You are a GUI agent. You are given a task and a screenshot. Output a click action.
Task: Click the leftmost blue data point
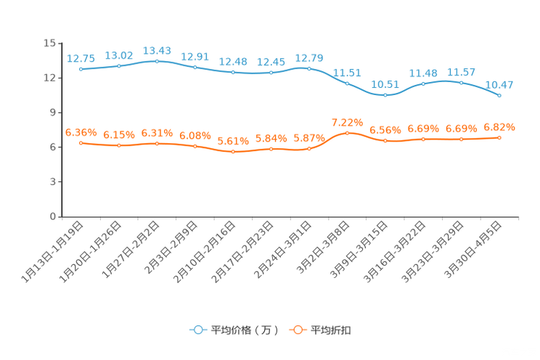pos(81,69)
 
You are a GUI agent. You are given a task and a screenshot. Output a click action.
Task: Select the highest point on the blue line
pos(157,61)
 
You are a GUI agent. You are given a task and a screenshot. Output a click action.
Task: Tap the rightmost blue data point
pos(499,96)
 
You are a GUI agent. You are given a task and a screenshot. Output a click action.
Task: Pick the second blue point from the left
pos(119,66)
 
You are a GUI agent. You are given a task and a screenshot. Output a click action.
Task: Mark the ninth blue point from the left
pos(385,95)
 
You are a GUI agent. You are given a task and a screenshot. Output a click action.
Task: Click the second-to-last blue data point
pos(462,82)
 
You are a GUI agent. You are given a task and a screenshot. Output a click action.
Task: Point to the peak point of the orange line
pos(347,133)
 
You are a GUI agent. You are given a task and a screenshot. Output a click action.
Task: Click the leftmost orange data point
pos(81,143)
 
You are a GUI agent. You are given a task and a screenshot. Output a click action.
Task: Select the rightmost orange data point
pos(499,137)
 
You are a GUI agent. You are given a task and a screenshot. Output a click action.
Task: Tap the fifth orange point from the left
pos(233,151)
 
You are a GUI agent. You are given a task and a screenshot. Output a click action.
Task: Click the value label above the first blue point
pos(81,58)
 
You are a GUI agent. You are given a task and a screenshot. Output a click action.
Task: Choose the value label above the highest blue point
pos(157,50)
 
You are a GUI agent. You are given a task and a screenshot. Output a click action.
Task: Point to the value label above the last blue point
pos(499,85)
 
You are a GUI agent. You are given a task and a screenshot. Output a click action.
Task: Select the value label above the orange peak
pos(347,122)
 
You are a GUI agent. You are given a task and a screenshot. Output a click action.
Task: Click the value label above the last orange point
pos(499,127)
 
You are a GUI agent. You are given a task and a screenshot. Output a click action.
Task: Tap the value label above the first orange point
pos(81,131)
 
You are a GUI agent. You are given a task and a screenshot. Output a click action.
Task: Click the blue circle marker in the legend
pos(197,330)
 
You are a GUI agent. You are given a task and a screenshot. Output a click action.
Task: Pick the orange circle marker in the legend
pos(297,330)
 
